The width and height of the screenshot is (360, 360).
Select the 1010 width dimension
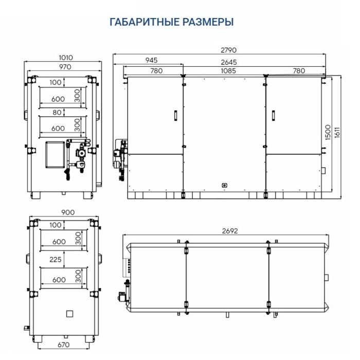click(x=65, y=58)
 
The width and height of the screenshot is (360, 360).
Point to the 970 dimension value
click(x=65, y=67)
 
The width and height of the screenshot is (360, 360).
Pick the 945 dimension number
click(x=151, y=60)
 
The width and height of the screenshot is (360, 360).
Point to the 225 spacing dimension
click(x=56, y=260)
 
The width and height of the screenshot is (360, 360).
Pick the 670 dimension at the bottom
click(x=63, y=345)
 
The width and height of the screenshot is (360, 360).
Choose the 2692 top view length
click(x=229, y=231)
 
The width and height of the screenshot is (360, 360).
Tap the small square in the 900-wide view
click(x=69, y=313)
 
